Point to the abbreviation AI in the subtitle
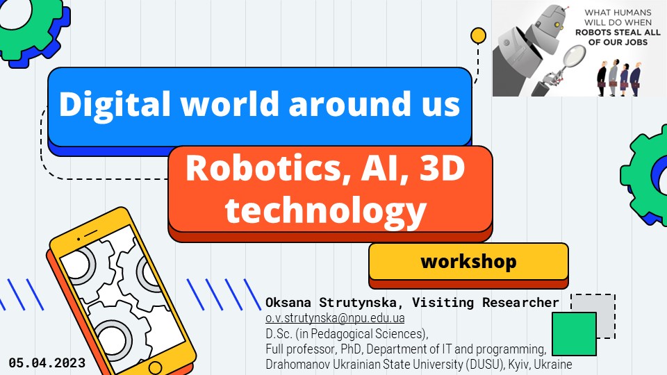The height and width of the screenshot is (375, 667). tap(375, 169)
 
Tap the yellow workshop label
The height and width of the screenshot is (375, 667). tap(468, 262)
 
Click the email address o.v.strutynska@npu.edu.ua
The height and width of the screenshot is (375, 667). tap(335, 318)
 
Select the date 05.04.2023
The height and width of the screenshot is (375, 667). tap(47, 362)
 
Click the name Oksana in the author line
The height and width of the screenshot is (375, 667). tap(290, 303)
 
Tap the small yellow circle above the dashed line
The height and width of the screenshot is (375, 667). tap(478, 35)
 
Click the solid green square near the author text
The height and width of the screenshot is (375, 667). tap(573, 333)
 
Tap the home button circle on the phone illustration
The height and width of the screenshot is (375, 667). tap(156, 367)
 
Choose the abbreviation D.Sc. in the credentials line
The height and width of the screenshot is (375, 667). tap(279, 333)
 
